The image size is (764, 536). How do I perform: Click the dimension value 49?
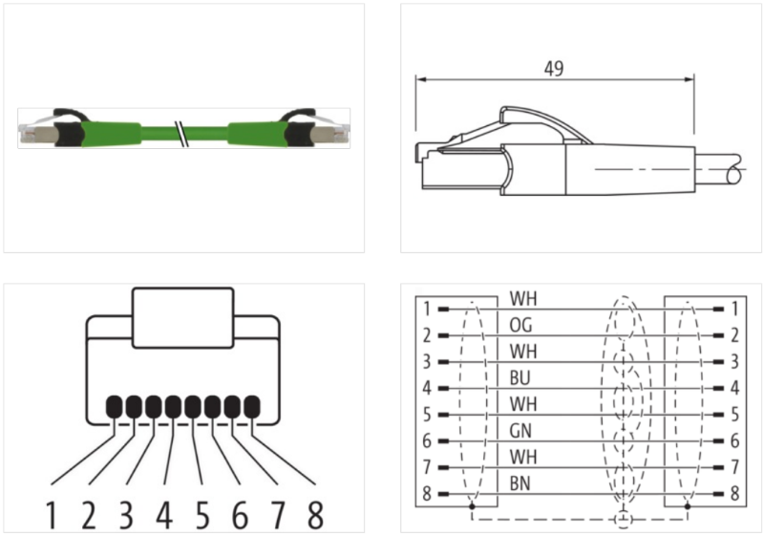553,69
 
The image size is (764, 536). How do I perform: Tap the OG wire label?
522,324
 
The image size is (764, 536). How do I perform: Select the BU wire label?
522,377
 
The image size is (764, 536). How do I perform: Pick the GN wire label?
522,431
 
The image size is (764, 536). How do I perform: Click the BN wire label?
522,483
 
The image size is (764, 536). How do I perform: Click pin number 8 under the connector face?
314,515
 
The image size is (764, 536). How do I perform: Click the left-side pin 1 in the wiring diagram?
427,310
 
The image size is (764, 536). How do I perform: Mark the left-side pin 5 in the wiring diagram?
427,416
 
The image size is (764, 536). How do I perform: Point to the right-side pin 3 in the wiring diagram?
733,363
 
